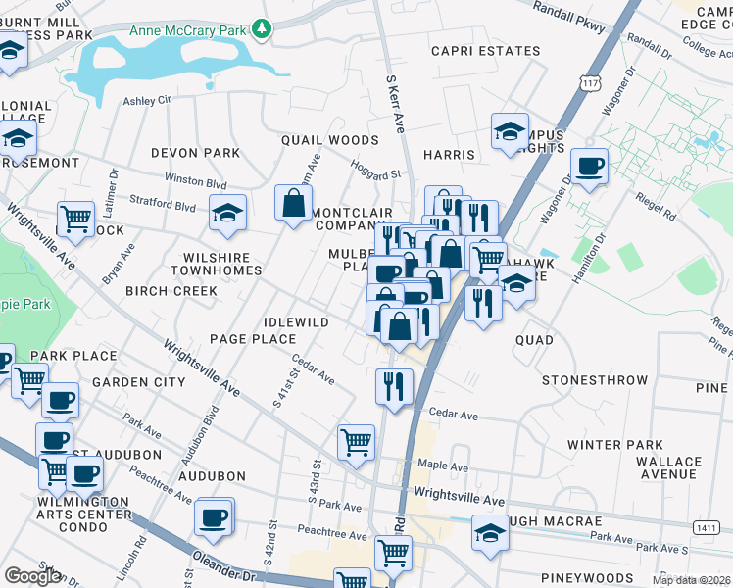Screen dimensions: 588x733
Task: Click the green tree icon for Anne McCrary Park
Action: (x=262, y=29)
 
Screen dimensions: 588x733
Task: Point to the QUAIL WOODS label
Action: (x=329, y=140)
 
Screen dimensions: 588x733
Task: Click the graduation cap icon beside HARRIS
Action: (x=511, y=132)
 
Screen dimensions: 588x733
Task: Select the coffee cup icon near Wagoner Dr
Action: (x=590, y=166)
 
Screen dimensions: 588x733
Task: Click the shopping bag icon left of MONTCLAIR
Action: (x=294, y=204)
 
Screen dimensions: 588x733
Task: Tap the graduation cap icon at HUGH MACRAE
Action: (x=491, y=534)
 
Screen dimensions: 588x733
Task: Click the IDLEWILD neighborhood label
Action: (x=296, y=322)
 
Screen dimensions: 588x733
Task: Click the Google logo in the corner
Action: (x=32, y=575)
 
